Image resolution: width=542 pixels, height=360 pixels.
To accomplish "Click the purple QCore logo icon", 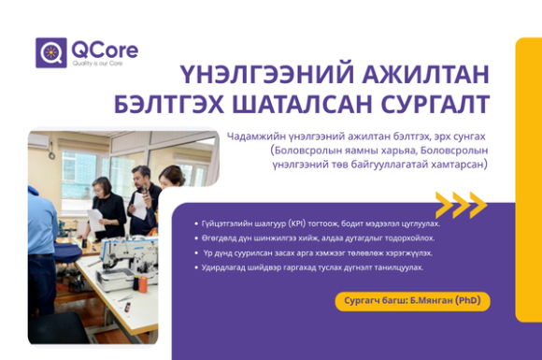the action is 51,52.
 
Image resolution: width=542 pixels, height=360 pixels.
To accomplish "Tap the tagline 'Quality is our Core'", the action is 97,64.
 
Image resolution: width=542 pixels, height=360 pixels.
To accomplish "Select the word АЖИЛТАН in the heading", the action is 425,74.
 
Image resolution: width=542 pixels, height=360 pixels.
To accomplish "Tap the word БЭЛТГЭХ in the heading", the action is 169,104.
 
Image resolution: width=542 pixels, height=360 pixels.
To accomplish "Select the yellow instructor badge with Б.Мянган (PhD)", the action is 412,301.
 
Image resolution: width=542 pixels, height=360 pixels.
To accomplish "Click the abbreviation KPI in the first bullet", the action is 296,223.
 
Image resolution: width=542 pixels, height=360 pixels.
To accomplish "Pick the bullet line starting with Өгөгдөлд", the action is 315,238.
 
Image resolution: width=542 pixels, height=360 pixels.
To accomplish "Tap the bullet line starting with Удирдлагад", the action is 309,267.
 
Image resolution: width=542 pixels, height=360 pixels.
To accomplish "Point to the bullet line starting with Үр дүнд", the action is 315,252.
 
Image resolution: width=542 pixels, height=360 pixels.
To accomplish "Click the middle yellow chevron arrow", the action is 462,205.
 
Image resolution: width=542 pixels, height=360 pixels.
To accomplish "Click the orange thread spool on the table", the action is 144,284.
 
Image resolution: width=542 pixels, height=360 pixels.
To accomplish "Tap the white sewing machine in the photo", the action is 127,263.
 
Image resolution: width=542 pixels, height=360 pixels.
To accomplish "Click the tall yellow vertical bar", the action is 529,180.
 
